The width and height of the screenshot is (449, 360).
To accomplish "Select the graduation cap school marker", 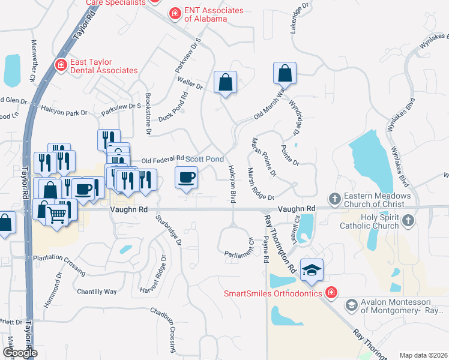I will pyautogui.click(x=312, y=271).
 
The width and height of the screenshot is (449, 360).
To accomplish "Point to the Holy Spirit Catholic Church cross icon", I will pyautogui.click(x=408, y=221).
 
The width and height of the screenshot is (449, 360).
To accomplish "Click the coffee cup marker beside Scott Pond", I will pyautogui.click(x=186, y=178).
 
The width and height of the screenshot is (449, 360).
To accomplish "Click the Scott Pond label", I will pyautogui.click(x=204, y=159).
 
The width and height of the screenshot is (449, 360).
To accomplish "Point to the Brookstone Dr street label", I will pyautogui.click(x=149, y=113).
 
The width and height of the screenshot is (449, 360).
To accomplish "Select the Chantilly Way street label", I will pyautogui.click(x=97, y=292).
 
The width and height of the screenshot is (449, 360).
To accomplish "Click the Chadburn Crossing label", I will pyautogui.click(x=173, y=331).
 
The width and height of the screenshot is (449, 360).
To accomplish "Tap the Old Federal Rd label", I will pyautogui.click(x=162, y=160).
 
